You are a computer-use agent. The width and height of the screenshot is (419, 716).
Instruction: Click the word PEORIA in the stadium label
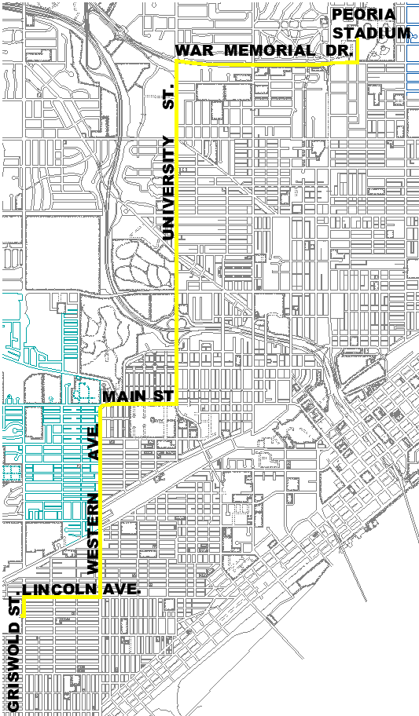pos(358,14)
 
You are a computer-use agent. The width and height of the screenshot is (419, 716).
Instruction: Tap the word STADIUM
pos(371,33)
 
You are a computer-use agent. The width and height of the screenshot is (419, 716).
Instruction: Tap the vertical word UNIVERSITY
pos(167,188)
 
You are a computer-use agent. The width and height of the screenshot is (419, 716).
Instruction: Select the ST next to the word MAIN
pos(162,397)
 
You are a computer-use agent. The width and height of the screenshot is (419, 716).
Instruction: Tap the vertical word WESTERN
pos(93,533)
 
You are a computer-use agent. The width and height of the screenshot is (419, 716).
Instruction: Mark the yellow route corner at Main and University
pos(177,404)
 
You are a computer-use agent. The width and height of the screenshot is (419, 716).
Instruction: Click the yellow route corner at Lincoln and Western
pos(101,598)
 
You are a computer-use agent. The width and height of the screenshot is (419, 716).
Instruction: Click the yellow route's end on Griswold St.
pos(24,616)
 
